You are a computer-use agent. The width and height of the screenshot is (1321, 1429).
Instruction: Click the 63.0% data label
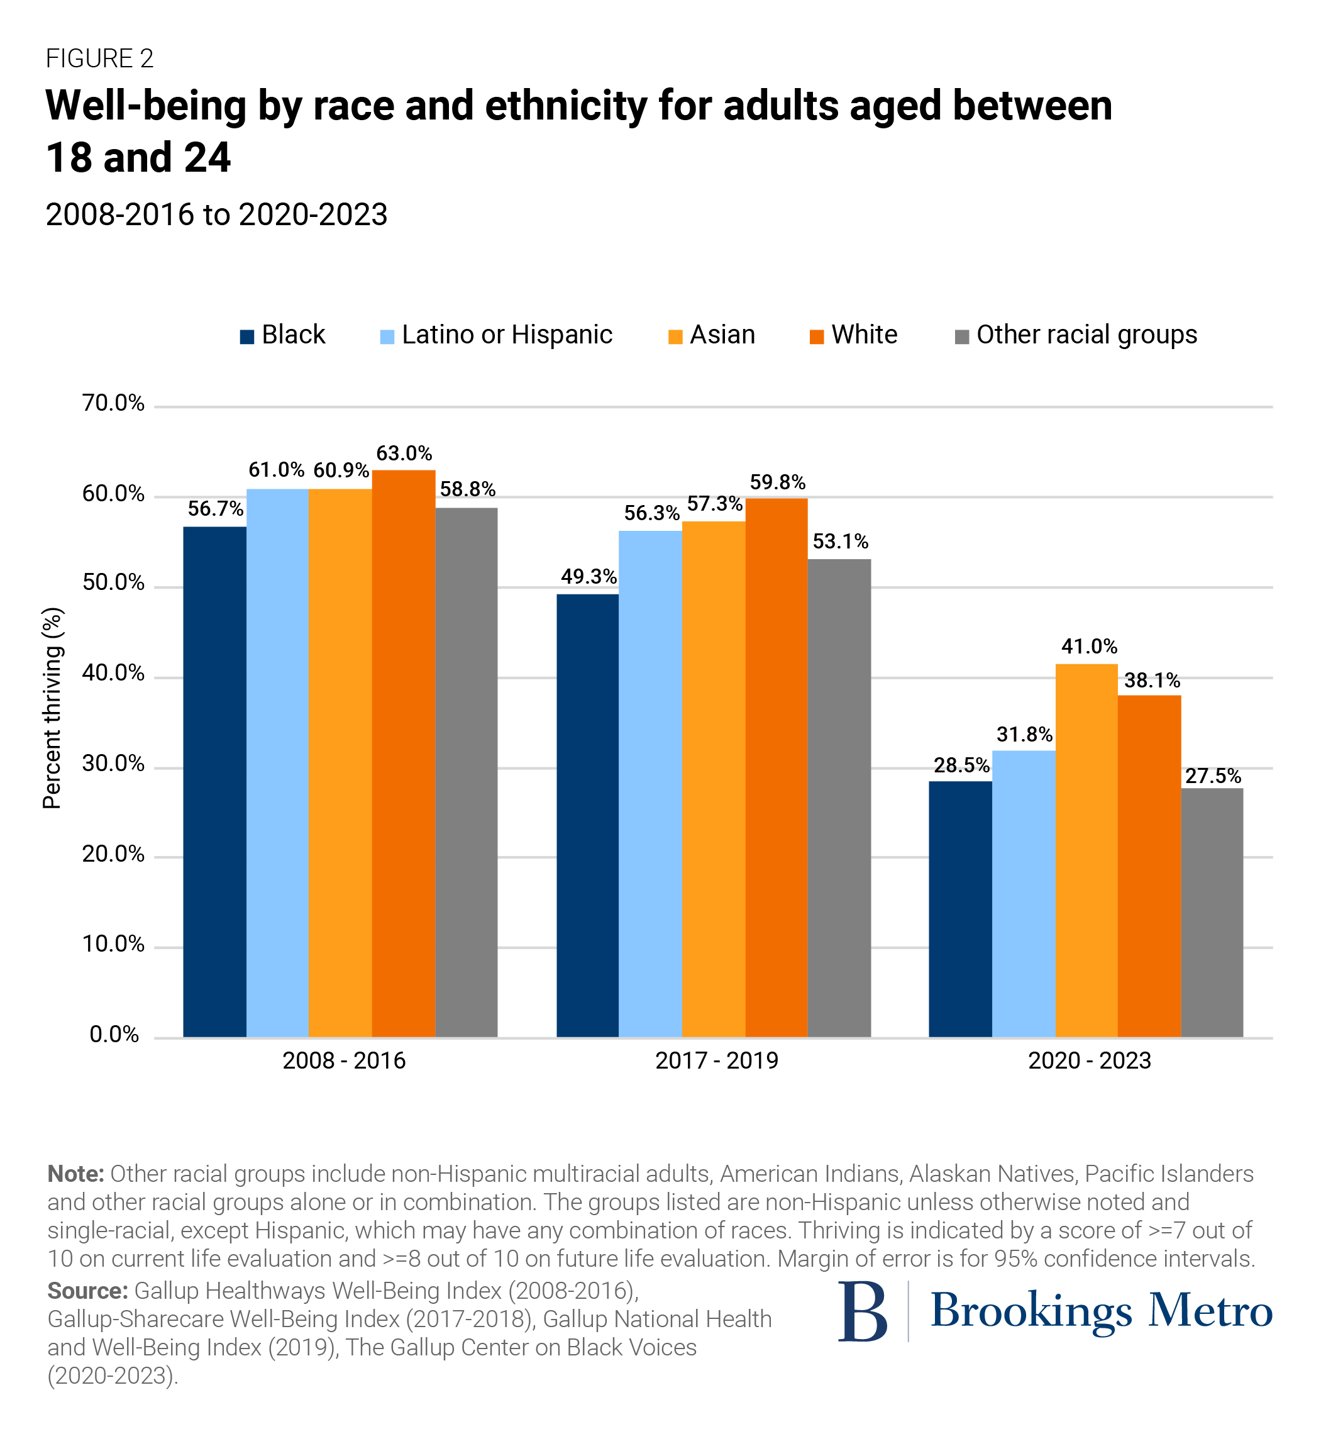(404, 453)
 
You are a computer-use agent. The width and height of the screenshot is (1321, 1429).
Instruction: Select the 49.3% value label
(589, 577)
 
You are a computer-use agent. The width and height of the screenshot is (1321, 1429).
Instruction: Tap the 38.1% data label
(1152, 680)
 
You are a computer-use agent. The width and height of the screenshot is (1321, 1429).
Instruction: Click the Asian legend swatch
(675, 337)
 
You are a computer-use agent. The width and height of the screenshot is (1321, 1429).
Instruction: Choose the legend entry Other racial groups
(1086, 335)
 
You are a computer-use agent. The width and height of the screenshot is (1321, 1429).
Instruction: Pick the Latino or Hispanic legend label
(507, 335)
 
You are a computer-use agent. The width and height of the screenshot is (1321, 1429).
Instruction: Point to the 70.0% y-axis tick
(113, 403)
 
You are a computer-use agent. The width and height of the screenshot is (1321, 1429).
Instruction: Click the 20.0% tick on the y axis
(113, 854)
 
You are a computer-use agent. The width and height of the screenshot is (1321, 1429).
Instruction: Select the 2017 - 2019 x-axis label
(716, 1060)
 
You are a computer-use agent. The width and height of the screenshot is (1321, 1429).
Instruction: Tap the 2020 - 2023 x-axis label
(1090, 1060)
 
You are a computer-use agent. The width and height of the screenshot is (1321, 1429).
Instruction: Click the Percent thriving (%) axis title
(52, 708)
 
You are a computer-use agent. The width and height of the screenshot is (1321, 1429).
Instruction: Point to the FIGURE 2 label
(99, 58)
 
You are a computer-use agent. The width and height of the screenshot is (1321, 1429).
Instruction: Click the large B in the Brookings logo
(863, 1312)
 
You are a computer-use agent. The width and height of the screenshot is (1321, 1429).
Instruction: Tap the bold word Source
(87, 1291)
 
